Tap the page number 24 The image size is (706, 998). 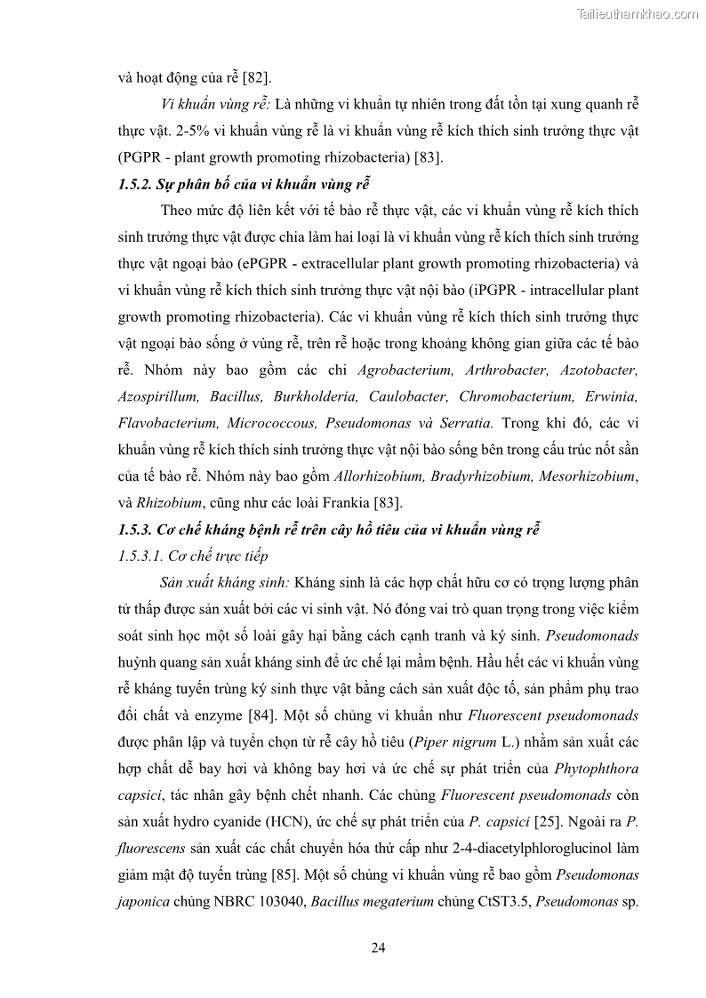pyautogui.click(x=378, y=947)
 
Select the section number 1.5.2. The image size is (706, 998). pyautogui.click(x=137, y=185)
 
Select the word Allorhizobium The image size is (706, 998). pyautogui.click(x=379, y=477)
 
